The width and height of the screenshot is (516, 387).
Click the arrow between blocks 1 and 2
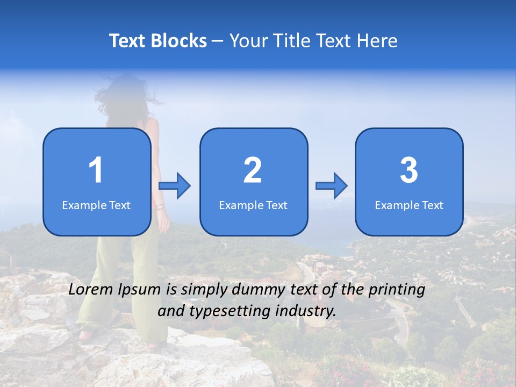pos(175,185)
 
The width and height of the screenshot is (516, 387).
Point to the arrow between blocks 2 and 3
pos(332,185)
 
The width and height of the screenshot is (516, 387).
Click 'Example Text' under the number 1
pos(96,205)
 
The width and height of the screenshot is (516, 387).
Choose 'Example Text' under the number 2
pos(253,205)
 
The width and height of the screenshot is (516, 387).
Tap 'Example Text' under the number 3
pos(409,205)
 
